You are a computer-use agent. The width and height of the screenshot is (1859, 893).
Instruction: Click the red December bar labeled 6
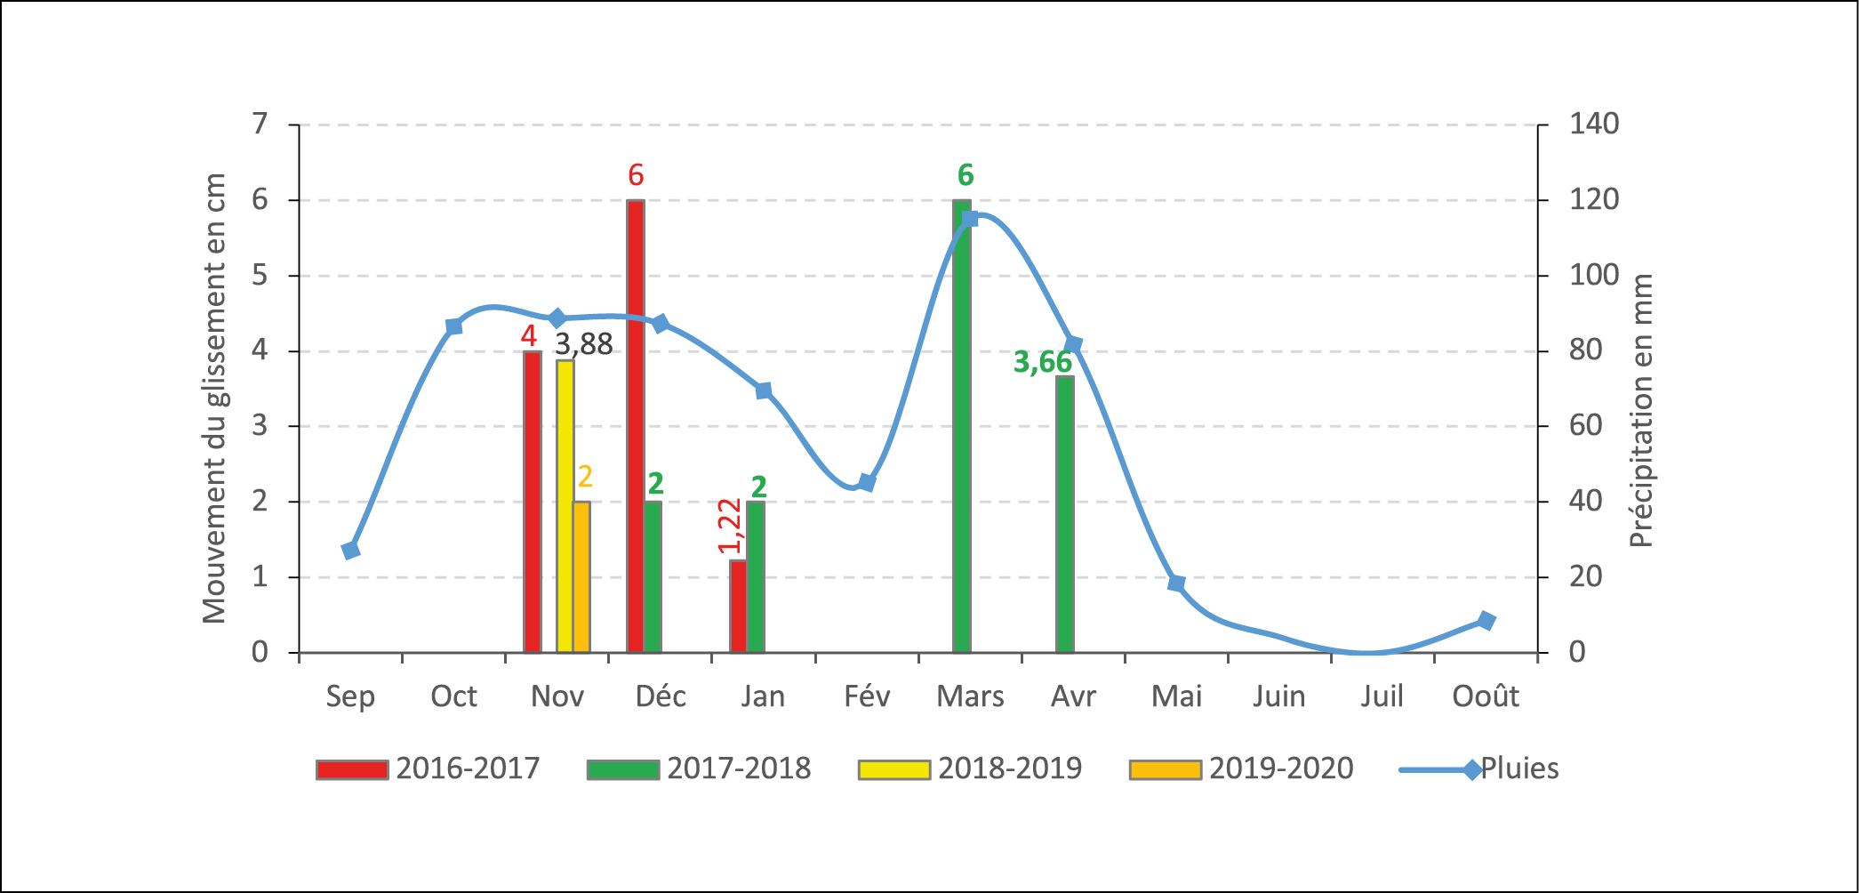[x=635, y=427]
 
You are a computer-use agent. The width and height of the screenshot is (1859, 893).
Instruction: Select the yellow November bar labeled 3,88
[x=565, y=506]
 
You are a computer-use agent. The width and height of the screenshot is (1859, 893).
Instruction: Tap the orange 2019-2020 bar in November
[x=581, y=577]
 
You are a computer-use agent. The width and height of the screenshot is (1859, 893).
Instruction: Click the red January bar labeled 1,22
[x=738, y=606]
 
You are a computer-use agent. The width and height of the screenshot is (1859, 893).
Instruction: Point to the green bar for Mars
[x=961, y=427]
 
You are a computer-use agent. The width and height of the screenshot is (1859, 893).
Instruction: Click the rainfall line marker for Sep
[x=350, y=550]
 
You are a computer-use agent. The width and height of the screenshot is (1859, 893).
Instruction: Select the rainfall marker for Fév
[x=867, y=483]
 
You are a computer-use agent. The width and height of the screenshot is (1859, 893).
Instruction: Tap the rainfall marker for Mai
[x=1176, y=583]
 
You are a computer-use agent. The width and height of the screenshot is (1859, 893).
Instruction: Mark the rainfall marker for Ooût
[x=1486, y=621]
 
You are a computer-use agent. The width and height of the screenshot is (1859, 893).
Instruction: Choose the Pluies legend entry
[x=1479, y=768]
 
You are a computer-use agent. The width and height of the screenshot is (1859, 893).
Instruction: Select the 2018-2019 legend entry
[x=970, y=768]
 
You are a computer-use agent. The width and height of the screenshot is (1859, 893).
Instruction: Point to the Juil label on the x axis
[x=1382, y=696]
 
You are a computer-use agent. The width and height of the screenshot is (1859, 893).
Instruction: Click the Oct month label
[x=453, y=696]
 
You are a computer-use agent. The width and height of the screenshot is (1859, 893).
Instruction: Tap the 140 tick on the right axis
[x=1594, y=124]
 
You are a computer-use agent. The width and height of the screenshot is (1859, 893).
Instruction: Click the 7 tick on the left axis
[x=260, y=124]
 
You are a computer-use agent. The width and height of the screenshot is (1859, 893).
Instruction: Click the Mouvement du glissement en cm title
[x=214, y=398]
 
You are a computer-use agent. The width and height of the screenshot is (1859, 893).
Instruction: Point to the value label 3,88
[x=584, y=344]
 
